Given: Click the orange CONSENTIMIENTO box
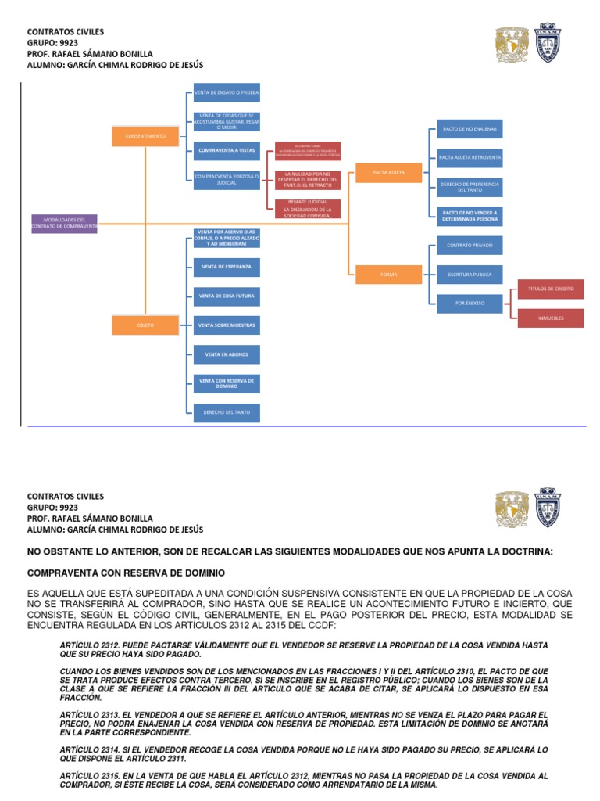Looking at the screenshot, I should (x=145, y=135).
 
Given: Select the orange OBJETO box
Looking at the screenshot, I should (x=145, y=324).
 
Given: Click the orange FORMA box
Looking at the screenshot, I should (x=388, y=275).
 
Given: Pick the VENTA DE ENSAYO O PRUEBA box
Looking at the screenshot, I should (x=227, y=93).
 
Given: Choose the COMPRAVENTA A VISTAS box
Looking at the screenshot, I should (x=227, y=149).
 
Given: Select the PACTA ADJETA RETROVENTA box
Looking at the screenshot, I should (x=470, y=157).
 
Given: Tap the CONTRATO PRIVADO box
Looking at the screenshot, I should (x=470, y=246).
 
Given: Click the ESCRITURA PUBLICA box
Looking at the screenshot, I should (x=470, y=275).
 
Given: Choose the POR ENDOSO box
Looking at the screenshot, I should (x=470, y=302).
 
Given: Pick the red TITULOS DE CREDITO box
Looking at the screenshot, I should (x=550, y=289).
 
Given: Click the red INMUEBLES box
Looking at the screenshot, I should (x=550, y=318).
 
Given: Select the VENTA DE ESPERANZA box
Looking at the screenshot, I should (x=227, y=268).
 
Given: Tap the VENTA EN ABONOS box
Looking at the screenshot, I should (x=227, y=354).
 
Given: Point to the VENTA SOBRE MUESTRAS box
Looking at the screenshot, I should (x=227, y=325).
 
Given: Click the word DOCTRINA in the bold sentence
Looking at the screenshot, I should (x=523, y=552).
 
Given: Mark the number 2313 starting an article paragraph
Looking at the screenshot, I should (x=112, y=715).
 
